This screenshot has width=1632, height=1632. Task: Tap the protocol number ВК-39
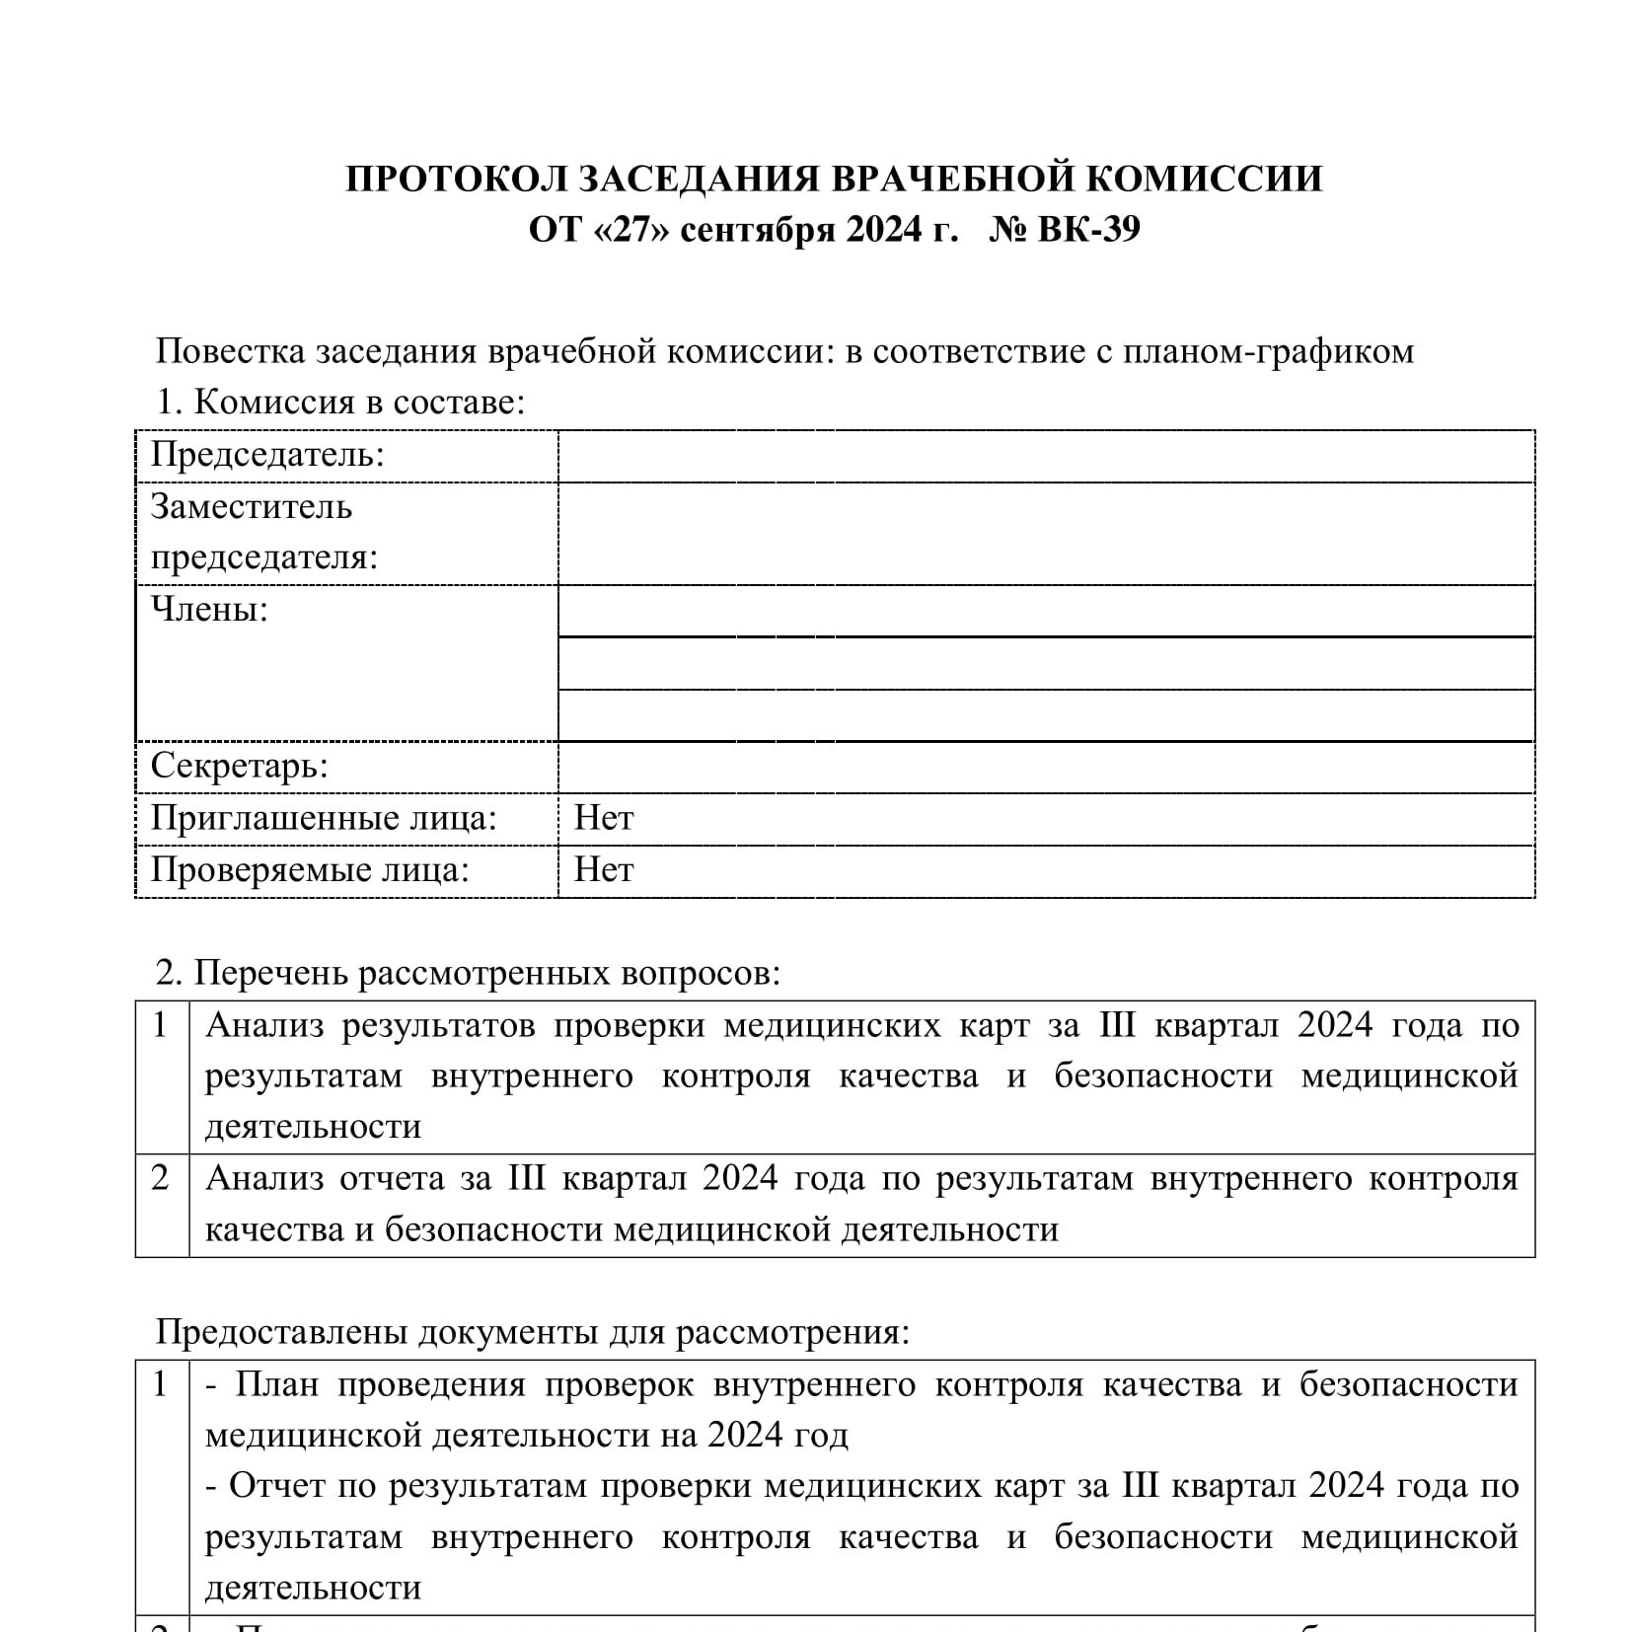1088,229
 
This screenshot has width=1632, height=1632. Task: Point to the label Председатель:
266,455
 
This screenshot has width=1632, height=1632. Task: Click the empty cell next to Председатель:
1045,456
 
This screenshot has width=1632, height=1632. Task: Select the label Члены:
209,610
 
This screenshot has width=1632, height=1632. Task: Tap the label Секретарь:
239,766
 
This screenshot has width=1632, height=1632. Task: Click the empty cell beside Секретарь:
1045,767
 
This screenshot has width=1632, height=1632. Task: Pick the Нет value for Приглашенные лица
604,818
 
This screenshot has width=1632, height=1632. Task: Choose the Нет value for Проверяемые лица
604,869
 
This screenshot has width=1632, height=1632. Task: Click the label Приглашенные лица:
323,818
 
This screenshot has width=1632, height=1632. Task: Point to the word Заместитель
251,507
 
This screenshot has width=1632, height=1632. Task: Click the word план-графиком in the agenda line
1268,351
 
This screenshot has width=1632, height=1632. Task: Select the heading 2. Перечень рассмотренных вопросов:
468,973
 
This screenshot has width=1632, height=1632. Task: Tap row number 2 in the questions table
161,1178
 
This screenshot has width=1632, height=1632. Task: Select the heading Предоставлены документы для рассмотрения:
533,1332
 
